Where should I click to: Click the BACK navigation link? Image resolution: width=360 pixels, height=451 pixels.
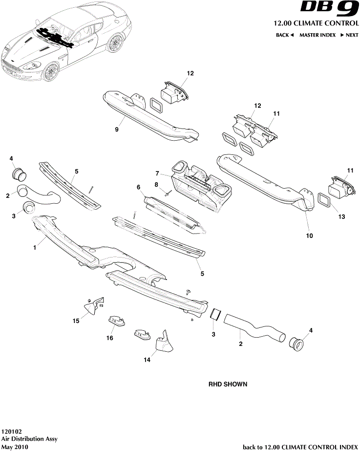(x=285, y=35)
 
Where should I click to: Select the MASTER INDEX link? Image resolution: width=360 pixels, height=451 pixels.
(x=317, y=35)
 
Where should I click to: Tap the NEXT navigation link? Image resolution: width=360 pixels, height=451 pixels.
(x=350, y=35)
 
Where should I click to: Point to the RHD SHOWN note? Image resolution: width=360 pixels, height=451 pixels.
(x=228, y=384)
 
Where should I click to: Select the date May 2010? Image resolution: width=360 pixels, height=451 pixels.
(x=14, y=447)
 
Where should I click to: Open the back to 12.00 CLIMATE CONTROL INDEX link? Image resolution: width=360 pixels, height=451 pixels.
(x=300, y=447)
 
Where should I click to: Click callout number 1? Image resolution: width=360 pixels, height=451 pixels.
(x=35, y=248)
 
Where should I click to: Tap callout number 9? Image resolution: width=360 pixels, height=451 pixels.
(x=117, y=129)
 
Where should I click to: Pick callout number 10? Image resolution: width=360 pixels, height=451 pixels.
(x=309, y=236)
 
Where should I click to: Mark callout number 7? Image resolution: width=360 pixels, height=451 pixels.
(x=157, y=173)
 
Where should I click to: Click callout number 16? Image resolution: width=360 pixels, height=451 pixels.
(x=110, y=338)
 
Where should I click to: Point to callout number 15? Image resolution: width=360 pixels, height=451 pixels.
(x=76, y=321)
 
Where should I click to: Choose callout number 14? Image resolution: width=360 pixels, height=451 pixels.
(x=147, y=360)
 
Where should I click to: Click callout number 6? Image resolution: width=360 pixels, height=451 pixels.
(x=139, y=187)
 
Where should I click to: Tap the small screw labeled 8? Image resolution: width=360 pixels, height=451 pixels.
(x=168, y=193)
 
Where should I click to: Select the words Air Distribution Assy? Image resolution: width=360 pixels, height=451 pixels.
(x=29, y=439)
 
